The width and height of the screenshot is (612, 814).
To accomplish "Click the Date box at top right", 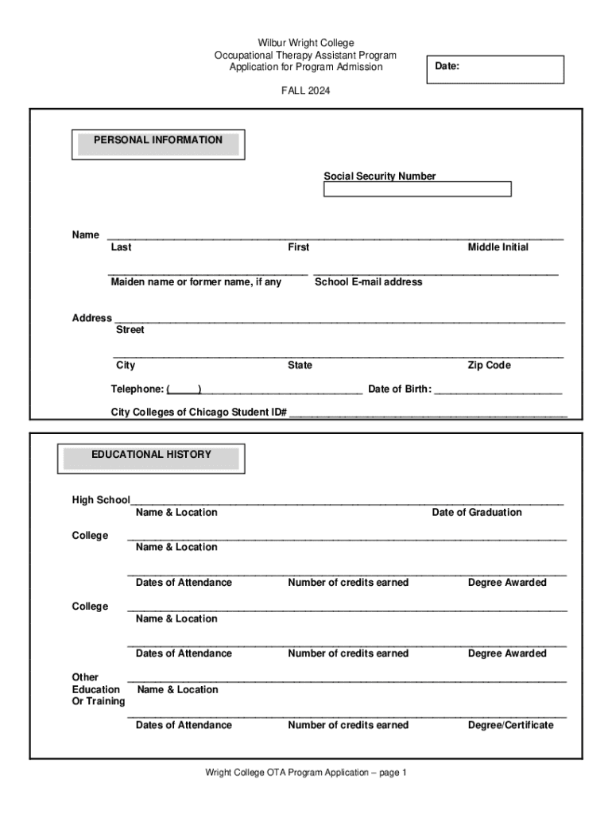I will pyautogui.click(x=495, y=69).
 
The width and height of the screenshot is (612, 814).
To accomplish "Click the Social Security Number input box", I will pyautogui.click(x=417, y=189).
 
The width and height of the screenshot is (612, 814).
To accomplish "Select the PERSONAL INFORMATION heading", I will pyautogui.click(x=158, y=141).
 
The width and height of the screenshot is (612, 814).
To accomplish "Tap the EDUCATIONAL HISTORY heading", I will pyautogui.click(x=151, y=455).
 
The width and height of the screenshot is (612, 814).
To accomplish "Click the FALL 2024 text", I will pyautogui.click(x=305, y=91).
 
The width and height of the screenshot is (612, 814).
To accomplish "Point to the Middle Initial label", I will pyautogui.click(x=498, y=248).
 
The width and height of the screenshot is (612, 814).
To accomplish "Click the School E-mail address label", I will pyautogui.click(x=369, y=282).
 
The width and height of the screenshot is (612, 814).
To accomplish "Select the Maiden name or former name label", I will pyautogui.click(x=196, y=282).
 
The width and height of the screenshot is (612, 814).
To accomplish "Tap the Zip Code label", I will pyautogui.click(x=489, y=366).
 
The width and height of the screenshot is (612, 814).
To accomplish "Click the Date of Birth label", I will pyautogui.click(x=400, y=390).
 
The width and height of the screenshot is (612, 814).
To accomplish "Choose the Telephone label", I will pyautogui.click(x=138, y=390).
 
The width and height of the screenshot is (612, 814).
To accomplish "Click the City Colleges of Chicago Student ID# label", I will pyautogui.click(x=199, y=413).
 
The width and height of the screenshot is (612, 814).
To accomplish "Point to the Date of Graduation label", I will pyautogui.click(x=477, y=513).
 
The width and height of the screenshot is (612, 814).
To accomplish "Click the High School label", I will pyautogui.click(x=101, y=500).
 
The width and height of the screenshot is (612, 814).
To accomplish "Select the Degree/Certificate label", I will pyautogui.click(x=511, y=725).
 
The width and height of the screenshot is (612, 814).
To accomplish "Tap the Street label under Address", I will pyautogui.click(x=130, y=330).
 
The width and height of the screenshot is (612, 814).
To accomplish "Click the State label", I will pyautogui.click(x=300, y=366).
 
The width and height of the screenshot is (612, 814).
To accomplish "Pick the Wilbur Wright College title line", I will pyautogui.click(x=305, y=43).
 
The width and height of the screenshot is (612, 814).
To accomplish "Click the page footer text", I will pyautogui.click(x=306, y=773).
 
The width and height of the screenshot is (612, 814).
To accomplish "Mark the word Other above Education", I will pyautogui.click(x=85, y=677).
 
